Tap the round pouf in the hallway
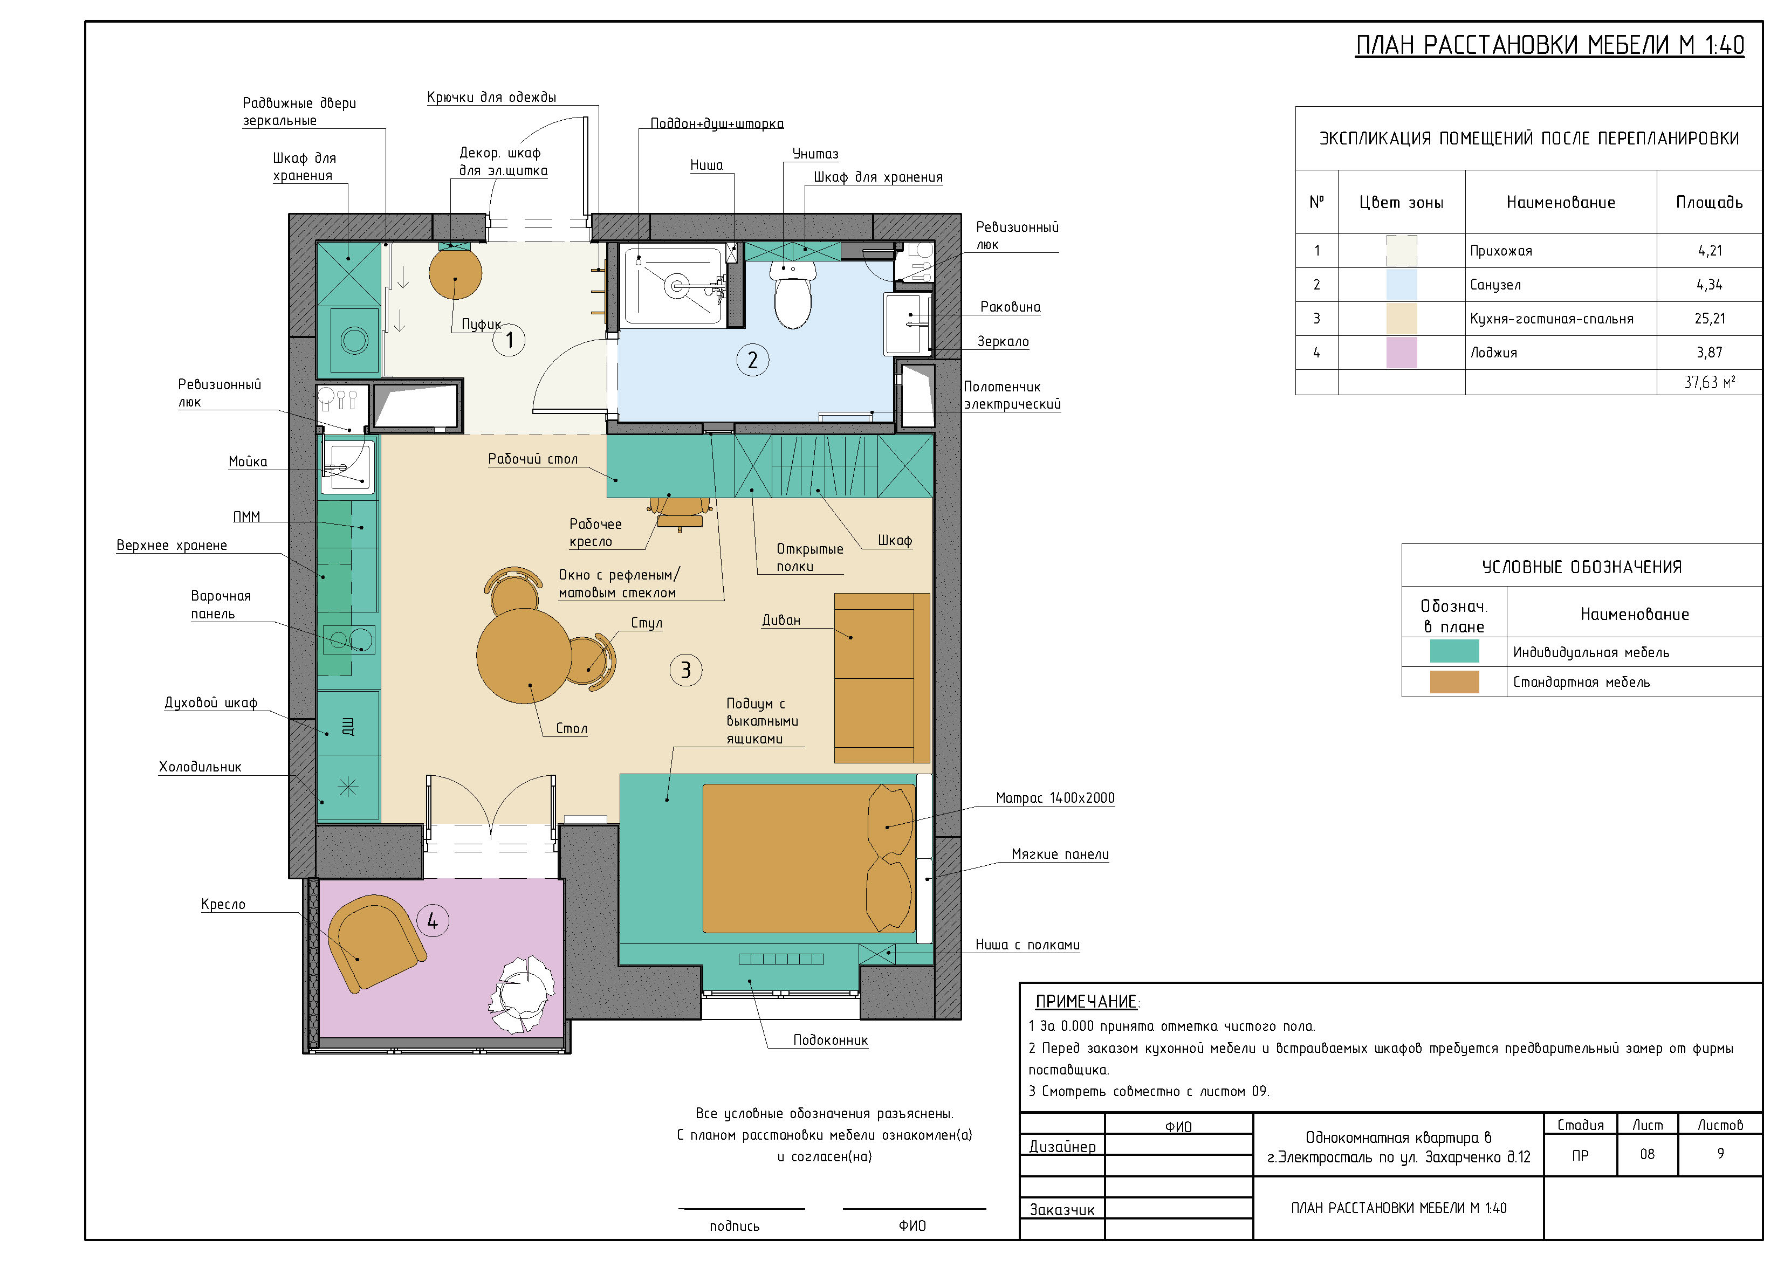coord(455,273)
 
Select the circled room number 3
coord(685,670)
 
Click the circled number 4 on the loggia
coord(433,921)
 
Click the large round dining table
coord(525,656)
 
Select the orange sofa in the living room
coord(882,678)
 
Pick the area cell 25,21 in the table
coord(1710,319)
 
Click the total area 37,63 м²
coord(1710,382)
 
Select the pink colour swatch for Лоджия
coord(1401,353)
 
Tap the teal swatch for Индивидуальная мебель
coord(1454,651)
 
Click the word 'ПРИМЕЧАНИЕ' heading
coord(1086,1002)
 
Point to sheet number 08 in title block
coord(1647,1155)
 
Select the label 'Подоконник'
coord(830,1041)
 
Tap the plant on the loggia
coord(522,995)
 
